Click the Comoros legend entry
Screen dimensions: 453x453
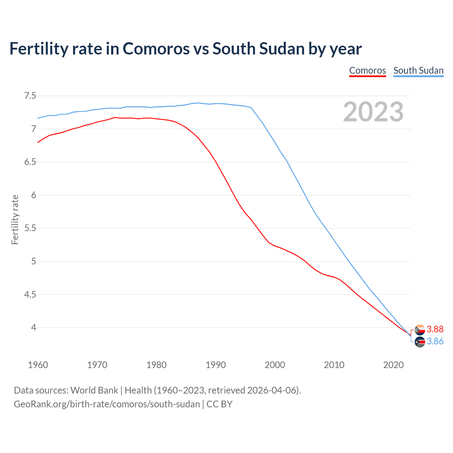(367, 70)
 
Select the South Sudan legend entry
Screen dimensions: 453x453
(418, 70)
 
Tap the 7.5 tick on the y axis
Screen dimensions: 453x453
(30, 96)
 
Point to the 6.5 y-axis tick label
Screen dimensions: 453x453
(30, 162)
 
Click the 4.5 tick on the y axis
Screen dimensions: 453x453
(30, 294)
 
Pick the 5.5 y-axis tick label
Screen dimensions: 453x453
(30, 228)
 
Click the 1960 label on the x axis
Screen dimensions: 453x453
(38, 365)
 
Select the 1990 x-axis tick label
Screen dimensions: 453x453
(216, 365)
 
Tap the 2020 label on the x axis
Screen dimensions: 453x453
(393, 365)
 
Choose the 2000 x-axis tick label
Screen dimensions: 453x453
(275, 365)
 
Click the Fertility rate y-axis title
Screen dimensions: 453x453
(15, 219)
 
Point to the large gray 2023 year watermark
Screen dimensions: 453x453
(373, 112)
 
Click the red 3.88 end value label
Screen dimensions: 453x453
(435, 329)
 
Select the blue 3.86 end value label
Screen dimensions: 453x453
(435, 341)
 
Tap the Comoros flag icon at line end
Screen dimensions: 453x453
(420, 329)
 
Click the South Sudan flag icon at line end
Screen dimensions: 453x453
(420, 342)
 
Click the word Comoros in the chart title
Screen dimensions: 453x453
(156, 49)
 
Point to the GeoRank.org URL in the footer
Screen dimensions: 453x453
(107, 404)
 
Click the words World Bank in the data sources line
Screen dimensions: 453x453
(94, 390)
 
